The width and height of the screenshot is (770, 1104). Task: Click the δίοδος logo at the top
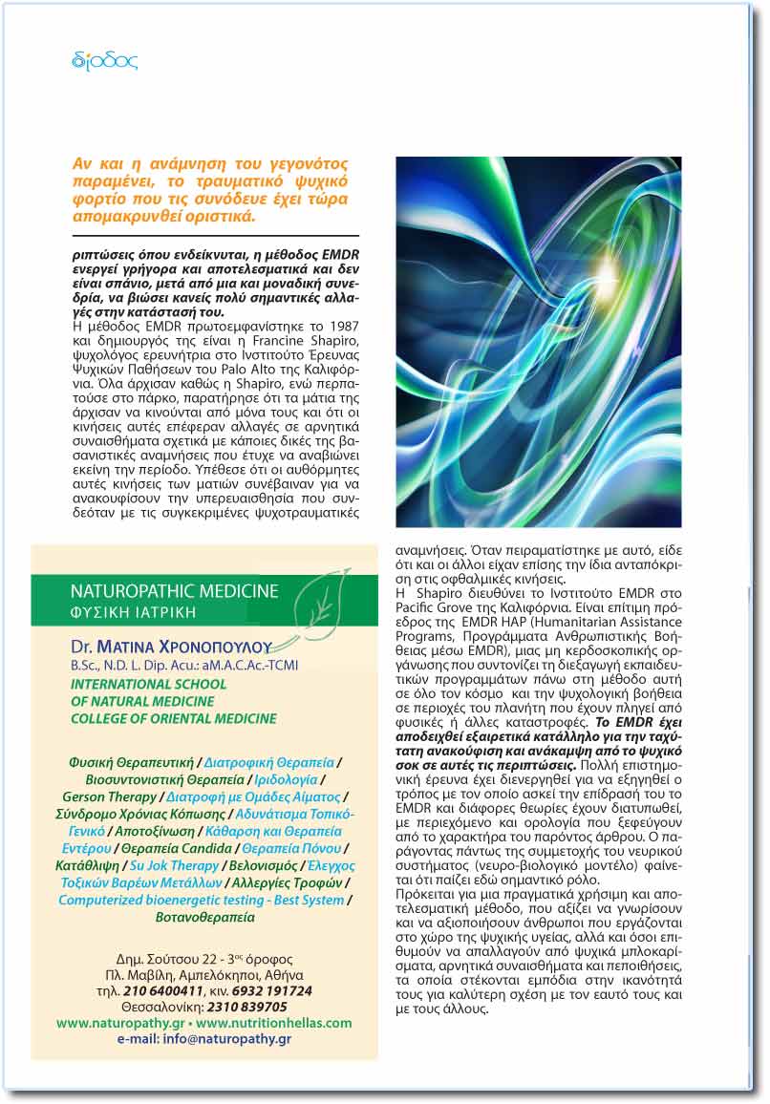click(x=104, y=62)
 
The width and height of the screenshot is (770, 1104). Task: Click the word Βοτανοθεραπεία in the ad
click(x=204, y=917)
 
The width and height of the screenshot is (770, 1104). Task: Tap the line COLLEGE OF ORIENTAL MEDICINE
click(x=173, y=718)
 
